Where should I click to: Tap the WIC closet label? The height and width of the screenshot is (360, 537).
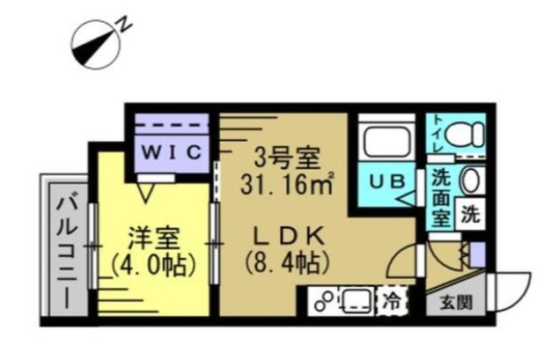tap(173, 151)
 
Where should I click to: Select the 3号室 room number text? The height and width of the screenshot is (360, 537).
tap(280, 161)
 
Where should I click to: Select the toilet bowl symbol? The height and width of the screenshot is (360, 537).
tap(461, 135)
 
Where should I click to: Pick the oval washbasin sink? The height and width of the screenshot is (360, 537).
tap(471, 181)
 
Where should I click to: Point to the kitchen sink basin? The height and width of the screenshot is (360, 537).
tap(356, 301)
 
